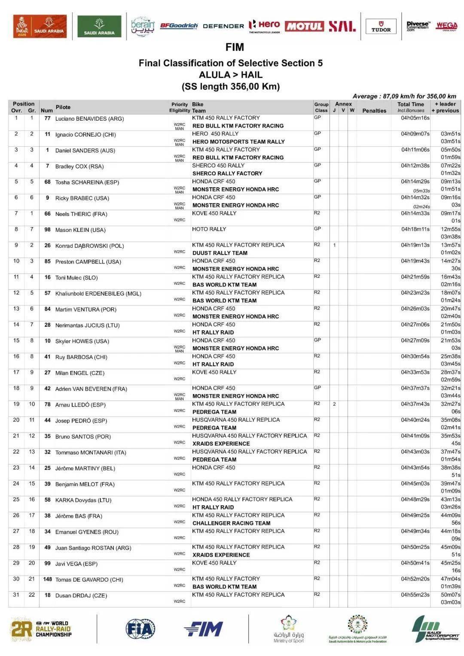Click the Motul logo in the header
click(304, 27)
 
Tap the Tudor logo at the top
click(381, 27)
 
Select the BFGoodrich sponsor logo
click(179, 26)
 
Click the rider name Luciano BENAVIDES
click(89, 118)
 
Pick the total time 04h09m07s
click(415, 134)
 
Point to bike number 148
click(47, 579)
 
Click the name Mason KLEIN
click(80, 230)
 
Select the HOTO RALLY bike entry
click(209, 229)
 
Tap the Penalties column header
click(374, 110)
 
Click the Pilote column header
click(63, 107)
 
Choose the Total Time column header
click(410, 104)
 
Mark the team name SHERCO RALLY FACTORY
click(227, 173)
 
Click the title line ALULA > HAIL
click(231, 75)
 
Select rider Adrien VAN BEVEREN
click(91, 389)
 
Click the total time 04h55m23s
click(415, 595)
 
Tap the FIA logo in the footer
click(140, 629)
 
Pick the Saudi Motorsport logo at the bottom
click(435, 629)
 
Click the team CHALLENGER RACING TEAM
click(231, 523)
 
